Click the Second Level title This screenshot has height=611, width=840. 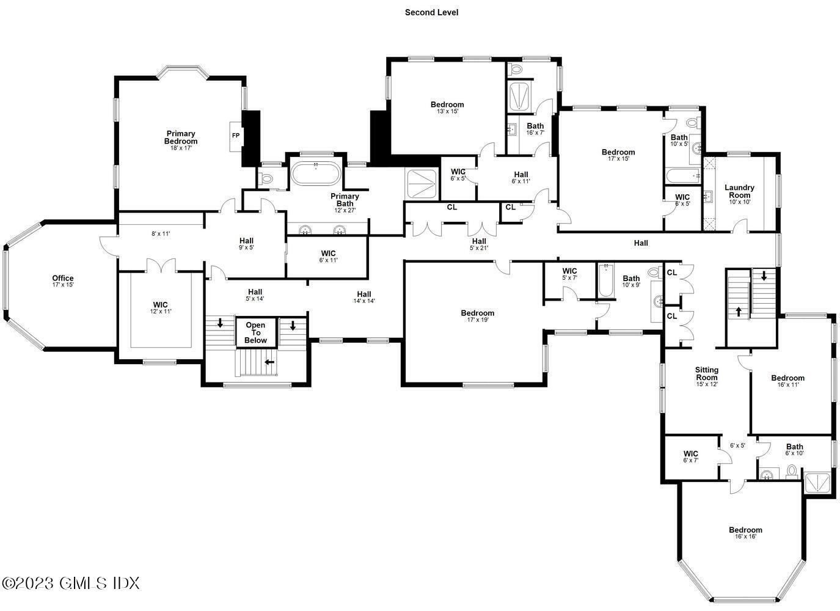click(431, 12)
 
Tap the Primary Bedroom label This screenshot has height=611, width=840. click(181, 141)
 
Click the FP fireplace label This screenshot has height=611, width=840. click(235, 136)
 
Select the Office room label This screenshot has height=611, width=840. click(63, 281)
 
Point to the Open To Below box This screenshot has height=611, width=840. click(256, 333)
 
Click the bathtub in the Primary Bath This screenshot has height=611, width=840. click(316, 174)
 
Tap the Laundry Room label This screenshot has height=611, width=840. click(739, 194)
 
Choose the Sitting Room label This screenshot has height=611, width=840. click(706, 376)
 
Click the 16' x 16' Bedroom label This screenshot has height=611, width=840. click(745, 533)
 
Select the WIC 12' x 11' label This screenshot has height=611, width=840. click(161, 307)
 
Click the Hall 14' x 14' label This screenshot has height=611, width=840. click(363, 297)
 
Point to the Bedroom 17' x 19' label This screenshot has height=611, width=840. click(477, 316)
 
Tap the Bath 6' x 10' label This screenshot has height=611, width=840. click(794, 449)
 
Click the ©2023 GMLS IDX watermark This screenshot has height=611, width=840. click(70, 583)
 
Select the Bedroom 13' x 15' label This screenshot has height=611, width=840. click(447, 108)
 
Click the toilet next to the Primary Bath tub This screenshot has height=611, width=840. click(266, 178)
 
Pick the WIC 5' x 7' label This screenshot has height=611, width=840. click(569, 274)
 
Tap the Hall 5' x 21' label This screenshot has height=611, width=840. click(479, 244)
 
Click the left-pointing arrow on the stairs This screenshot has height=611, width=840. click(269, 362)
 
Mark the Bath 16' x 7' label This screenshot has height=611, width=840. click(535, 129)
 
